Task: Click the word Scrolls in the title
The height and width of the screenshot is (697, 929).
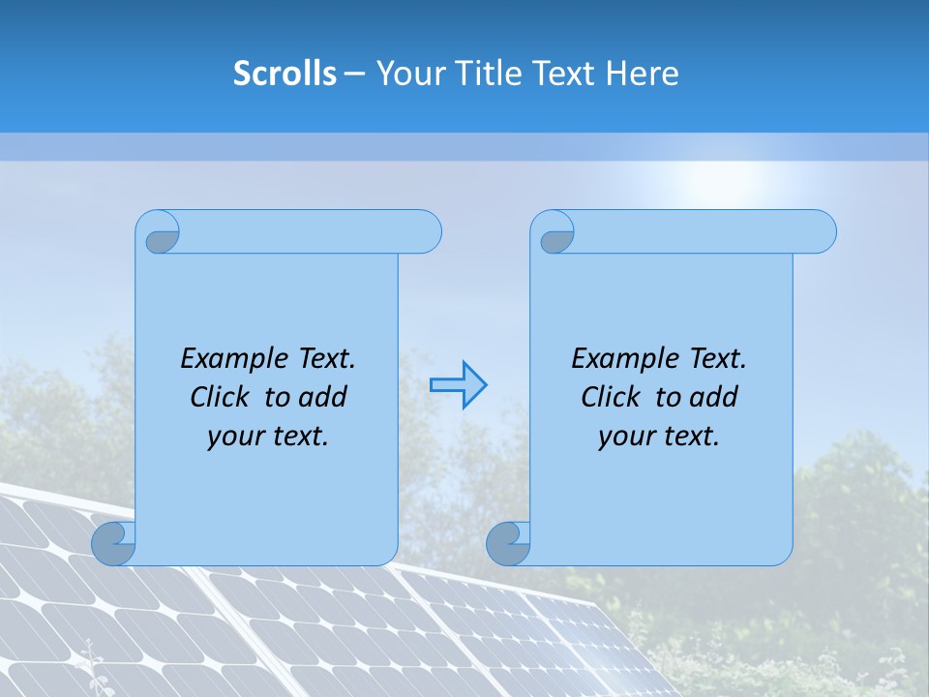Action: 285,74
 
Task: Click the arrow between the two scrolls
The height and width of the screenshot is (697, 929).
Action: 459,385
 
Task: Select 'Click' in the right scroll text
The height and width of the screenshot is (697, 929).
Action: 611,397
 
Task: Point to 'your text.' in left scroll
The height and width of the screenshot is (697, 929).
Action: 268,437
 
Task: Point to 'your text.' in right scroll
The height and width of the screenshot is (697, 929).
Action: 659,437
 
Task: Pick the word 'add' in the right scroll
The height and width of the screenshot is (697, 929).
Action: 713,397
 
